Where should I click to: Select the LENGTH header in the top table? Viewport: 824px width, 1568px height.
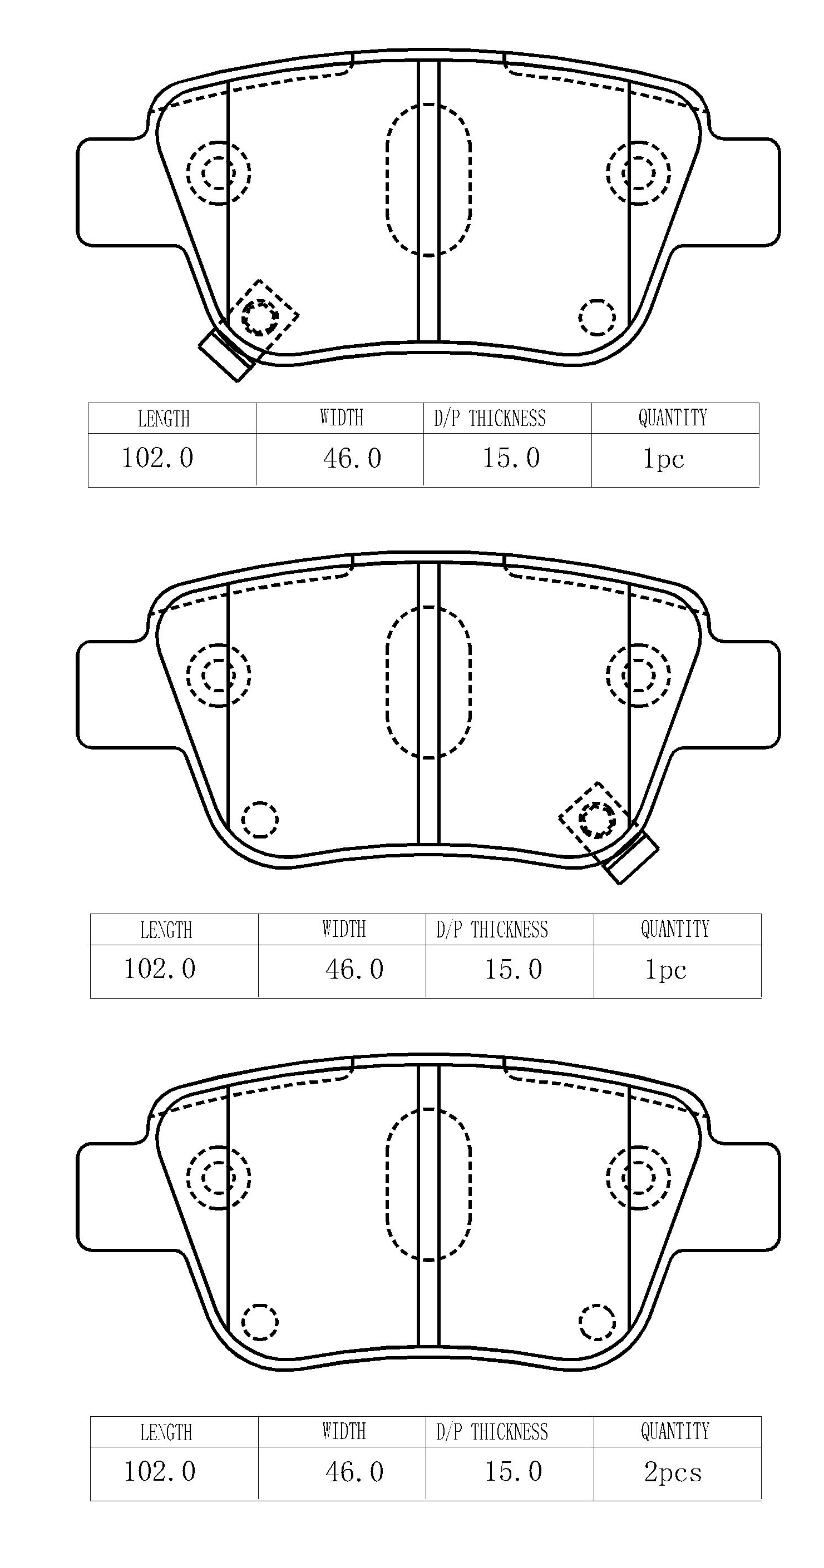[x=164, y=419]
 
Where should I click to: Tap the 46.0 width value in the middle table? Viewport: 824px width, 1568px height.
[x=354, y=969]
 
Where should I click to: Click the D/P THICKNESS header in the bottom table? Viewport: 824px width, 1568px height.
[x=492, y=1432]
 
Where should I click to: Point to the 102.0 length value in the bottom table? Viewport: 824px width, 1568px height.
[x=160, y=1472]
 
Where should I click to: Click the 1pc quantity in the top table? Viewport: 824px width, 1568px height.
[x=664, y=458]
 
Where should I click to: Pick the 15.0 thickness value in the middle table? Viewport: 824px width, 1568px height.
[x=514, y=969]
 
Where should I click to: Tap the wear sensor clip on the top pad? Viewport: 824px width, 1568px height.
[x=225, y=355]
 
